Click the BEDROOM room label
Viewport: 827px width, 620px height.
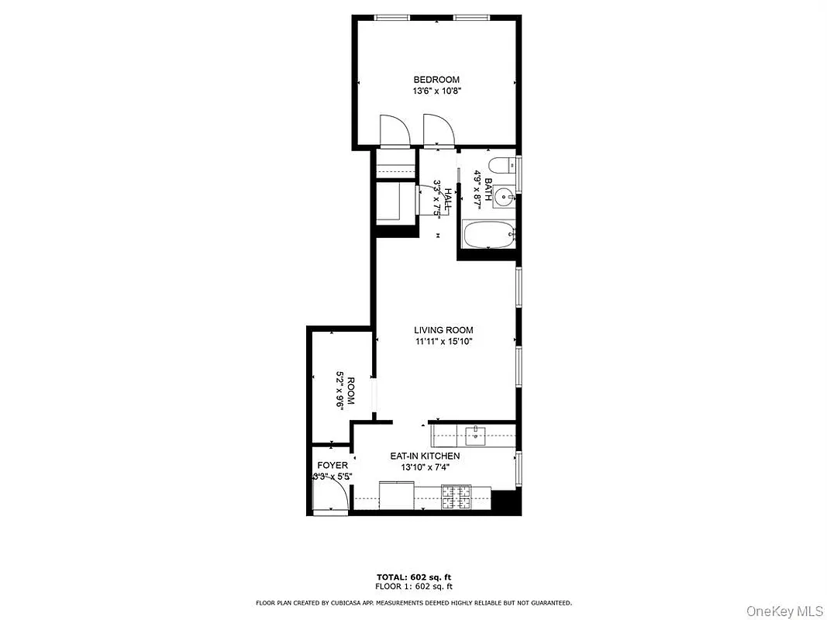tap(436, 80)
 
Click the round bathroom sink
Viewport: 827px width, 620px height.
tap(506, 198)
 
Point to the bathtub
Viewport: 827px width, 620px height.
tap(488, 234)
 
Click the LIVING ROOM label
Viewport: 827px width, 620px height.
tap(443, 330)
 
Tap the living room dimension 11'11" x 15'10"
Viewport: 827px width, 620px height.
tap(443, 342)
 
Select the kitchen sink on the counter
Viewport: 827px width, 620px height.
tap(475, 435)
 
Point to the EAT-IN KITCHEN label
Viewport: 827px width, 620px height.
tap(425, 456)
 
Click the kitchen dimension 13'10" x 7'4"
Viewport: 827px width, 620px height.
tap(425, 467)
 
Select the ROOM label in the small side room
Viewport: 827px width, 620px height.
tap(350, 391)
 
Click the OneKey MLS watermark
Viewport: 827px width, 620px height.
tap(784, 611)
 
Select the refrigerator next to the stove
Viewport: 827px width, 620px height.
tap(397, 496)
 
